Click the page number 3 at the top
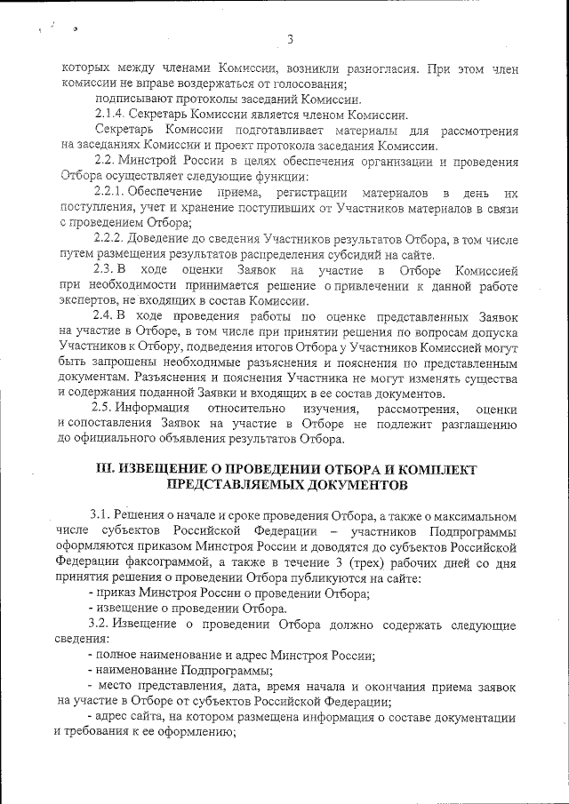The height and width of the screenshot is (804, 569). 290,38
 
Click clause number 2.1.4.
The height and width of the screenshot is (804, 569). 111,115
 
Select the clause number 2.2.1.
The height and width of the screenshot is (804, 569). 111,193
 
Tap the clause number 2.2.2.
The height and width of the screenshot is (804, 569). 111,239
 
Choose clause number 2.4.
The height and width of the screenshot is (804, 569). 104,317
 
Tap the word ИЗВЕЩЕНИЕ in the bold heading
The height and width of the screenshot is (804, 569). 169,469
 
